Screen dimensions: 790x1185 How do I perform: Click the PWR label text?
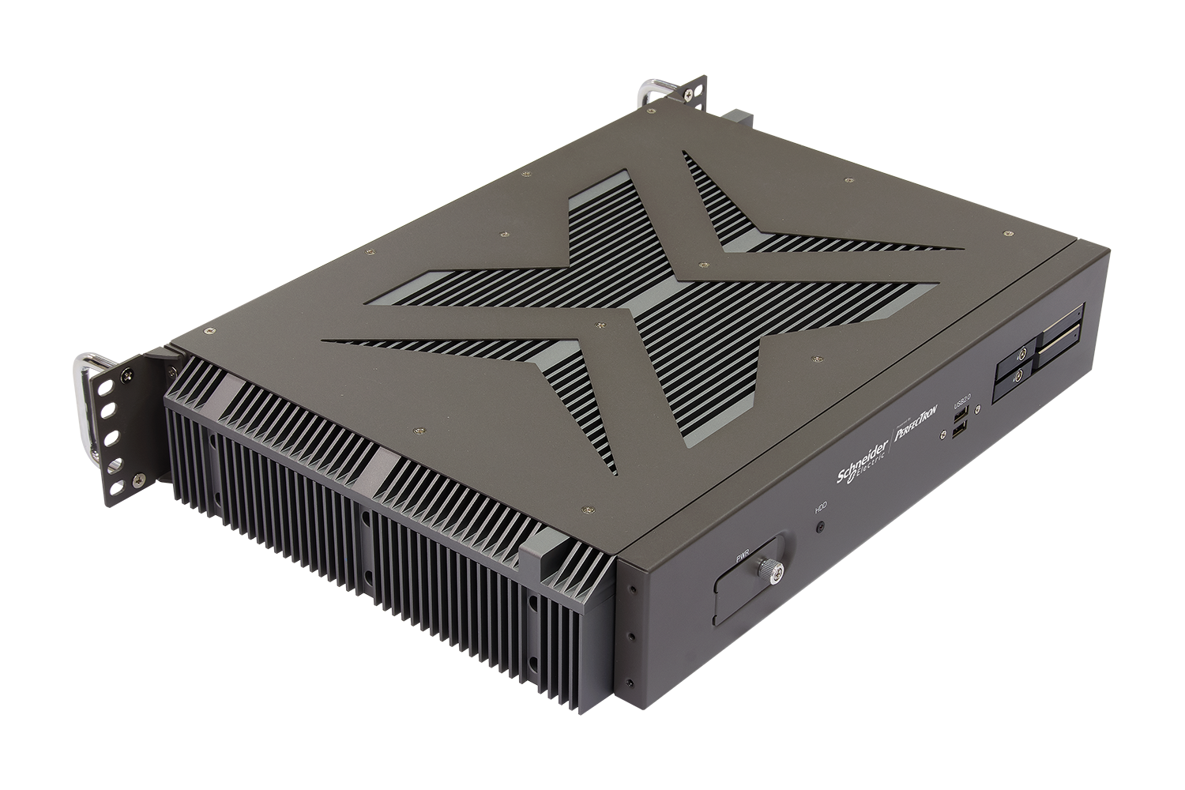point(742,557)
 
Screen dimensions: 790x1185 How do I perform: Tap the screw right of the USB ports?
point(980,408)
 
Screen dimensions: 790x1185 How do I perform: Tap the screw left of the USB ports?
point(942,434)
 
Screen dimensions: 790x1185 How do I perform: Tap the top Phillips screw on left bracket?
point(168,357)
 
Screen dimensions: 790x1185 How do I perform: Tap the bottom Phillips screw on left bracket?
point(140,477)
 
